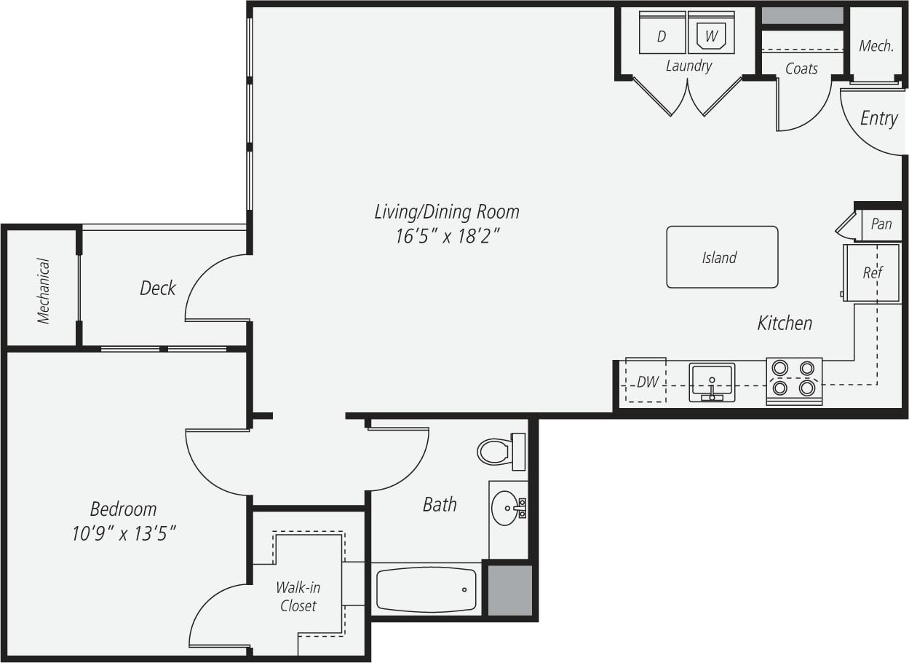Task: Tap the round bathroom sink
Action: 505,506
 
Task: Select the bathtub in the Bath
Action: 426,589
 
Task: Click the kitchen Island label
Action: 719,257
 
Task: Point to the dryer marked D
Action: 662,34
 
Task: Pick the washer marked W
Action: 711,34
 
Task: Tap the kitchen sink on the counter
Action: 712,381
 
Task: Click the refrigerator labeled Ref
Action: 872,273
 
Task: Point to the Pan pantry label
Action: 881,224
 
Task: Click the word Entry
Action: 878,118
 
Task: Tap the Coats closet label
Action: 801,68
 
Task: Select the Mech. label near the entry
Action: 876,46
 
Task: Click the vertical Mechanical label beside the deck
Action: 44,290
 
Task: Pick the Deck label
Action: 157,289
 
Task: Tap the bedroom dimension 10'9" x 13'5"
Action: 124,534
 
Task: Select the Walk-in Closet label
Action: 298,596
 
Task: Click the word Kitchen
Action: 785,323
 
